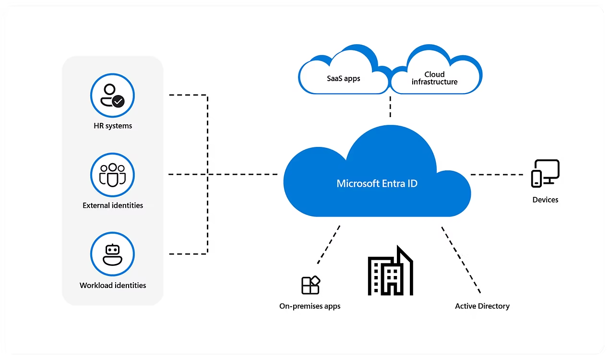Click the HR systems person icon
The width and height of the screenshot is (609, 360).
pyautogui.click(x=112, y=95)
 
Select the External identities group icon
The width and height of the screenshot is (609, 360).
pyautogui.click(x=112, y=175)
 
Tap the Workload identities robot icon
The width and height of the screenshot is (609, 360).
pyautogui.click(x=112, y=254)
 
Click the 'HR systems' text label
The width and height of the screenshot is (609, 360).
pyautogui.click(x=113, y=126)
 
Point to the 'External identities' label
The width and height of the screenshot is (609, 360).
pyautogui.click(x=113, y=205)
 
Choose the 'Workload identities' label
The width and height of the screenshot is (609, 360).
pyautogui.click(x=113, y=285)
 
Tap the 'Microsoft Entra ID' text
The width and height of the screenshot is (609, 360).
pyautogui.click(x=377, y=183)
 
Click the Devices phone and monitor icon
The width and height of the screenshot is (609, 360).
pyautogui.click(x=545, y=173)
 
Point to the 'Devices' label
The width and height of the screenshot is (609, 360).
pyautogui.click(x=545, y=200)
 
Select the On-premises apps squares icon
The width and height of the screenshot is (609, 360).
pyautogui.click(x=310, y=285)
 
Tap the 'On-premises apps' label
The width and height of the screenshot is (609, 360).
pyautogui.click(x=310, y=306)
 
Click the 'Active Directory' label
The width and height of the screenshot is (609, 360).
pyautogui.click(x=482, y=306)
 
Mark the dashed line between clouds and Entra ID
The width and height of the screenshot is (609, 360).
pyautogui.click(x=390, y=107)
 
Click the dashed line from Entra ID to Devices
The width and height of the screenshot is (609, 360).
pyautogui.click(x=496, y=175)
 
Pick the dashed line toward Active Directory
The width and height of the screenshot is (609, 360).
pyautogui.click(x=461, y=260)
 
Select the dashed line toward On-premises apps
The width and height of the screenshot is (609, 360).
pyautogui.click(x=329, y=245)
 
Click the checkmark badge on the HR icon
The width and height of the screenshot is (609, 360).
pyautogui.click(x=118, y=101)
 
